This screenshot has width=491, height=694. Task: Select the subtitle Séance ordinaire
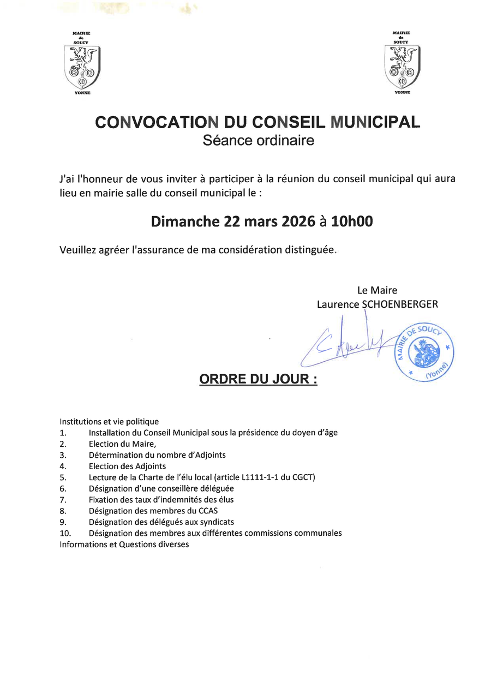pos(259,140)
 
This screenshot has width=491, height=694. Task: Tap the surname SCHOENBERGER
pos(399,304)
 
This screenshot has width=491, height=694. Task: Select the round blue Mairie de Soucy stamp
pos(424,352)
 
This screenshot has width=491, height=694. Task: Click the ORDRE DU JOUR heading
pos(259,379)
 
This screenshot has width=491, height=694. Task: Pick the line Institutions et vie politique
pos(109,421)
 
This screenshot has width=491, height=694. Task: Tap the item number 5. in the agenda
pos(63,477)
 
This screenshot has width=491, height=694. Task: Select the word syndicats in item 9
pos(217,522)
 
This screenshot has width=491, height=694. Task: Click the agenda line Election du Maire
pos(122,444)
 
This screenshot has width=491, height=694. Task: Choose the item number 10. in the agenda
pos(65,533)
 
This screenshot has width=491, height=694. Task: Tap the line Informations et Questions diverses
pos(124,545)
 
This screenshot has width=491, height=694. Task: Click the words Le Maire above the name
pos(377,290)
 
